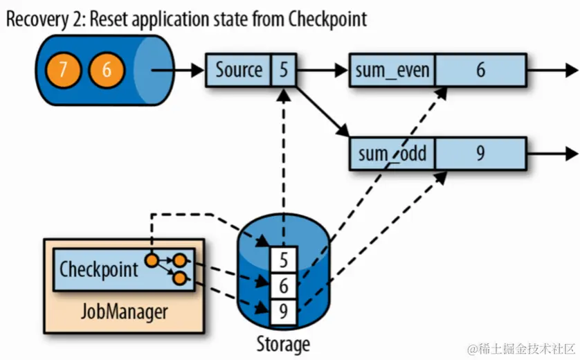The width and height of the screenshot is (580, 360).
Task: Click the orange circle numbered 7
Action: tap(62, 71)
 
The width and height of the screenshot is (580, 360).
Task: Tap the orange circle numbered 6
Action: tap(106, 71)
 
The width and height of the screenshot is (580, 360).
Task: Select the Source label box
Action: tap(239, 70)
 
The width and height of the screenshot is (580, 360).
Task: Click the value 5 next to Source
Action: tap(284, 70)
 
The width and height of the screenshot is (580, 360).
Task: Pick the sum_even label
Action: tap(392, 70)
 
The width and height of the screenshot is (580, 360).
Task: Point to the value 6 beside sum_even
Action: tap(480, 70)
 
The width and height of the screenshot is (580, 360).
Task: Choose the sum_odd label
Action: tap(392, 153)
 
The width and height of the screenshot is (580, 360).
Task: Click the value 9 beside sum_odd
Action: tap(480, 153)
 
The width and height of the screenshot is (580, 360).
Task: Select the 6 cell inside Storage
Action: tap(283, 285)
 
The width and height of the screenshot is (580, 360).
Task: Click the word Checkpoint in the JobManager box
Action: tap(99, 269)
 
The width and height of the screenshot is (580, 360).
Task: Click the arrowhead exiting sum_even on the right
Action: tap(571, 70)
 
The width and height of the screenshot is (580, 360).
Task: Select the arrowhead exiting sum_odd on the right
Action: tap(571, 153)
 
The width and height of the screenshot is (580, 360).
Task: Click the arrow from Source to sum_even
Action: tap(323, 70)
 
